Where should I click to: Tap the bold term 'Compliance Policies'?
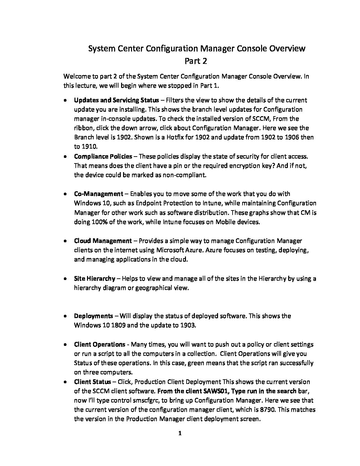pyautogui.click(x=103, y=156)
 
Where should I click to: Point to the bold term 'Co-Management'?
pyautogui.click(x=98, y=194)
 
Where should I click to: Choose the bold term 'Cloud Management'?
pyautogui.click(x=103, y=241)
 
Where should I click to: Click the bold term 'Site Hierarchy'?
pyautogui.click(x=95, y=278)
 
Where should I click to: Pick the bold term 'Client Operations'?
pyautogui.click(x=100, y=345)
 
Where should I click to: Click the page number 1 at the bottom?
pyautogui.click(x=180, y=433)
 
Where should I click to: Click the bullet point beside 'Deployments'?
pyautogui.click(x=67, y=316)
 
